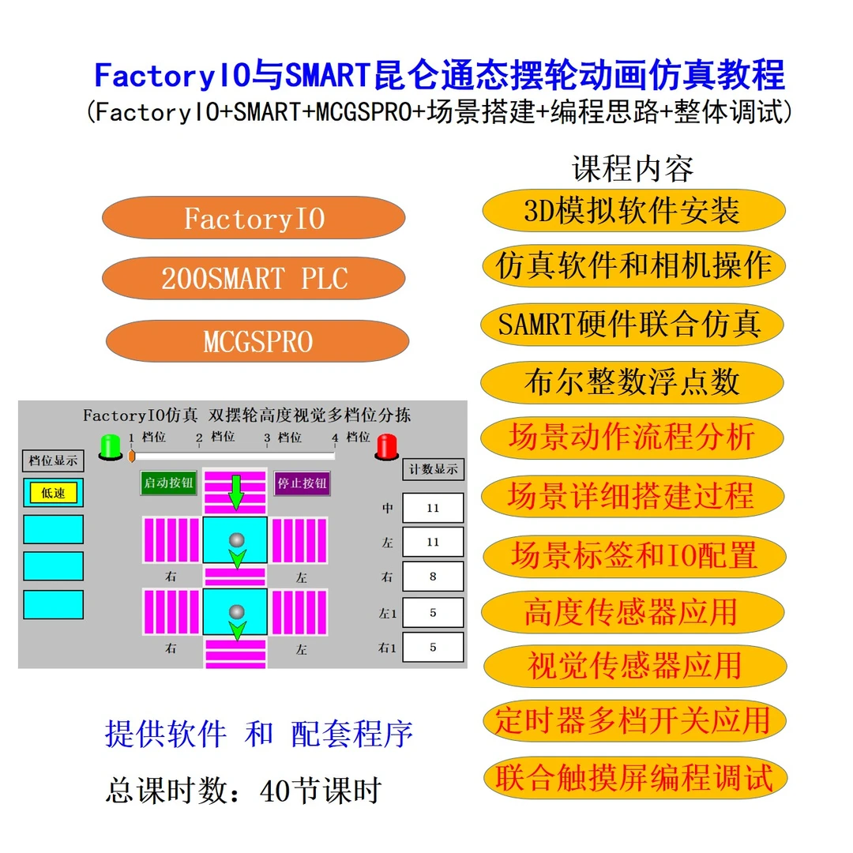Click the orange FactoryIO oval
coord(254,218)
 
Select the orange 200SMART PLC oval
coord(254,279)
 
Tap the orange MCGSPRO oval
coord(257,341)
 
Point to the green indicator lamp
coord(108,445)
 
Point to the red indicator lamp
coord(386,445)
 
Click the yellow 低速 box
coord(53,493)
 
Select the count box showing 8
coord(432,577)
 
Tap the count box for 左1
coord(432,612)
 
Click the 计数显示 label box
coord(433,469)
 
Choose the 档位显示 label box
coord(53,460)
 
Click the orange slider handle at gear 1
coord(132,456)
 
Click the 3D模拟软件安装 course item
coord(632,211)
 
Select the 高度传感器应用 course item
coord(632,611)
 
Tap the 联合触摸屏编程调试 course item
coord(632,777)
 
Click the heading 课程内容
coord(632,168)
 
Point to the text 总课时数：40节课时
coord(243,790)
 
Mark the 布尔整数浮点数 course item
coord(632,382)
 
